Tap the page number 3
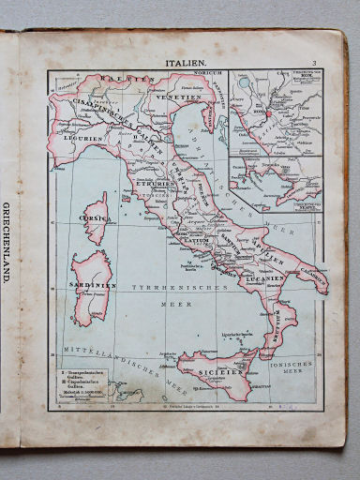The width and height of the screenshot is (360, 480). (315, 63)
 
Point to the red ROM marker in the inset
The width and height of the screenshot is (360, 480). (269, 114)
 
